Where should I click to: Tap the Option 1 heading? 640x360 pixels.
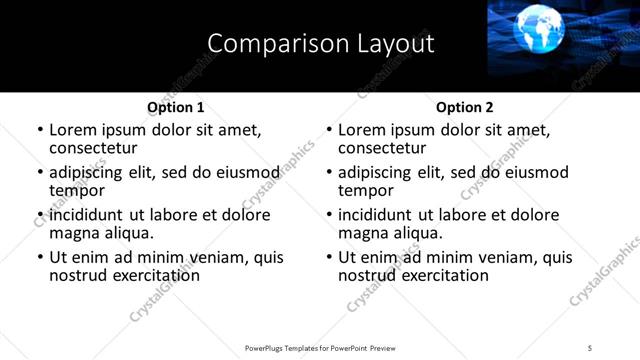[175, 107]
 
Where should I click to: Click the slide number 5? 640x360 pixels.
[590, 348]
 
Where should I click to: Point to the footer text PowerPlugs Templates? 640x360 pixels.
[291, 348]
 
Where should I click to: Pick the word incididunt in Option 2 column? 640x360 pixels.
[380, 215]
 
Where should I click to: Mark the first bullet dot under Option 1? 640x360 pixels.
[40, 131]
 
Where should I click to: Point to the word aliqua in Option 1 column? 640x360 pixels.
[126, 233]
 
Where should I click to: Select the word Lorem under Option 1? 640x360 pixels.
[74, 130]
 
